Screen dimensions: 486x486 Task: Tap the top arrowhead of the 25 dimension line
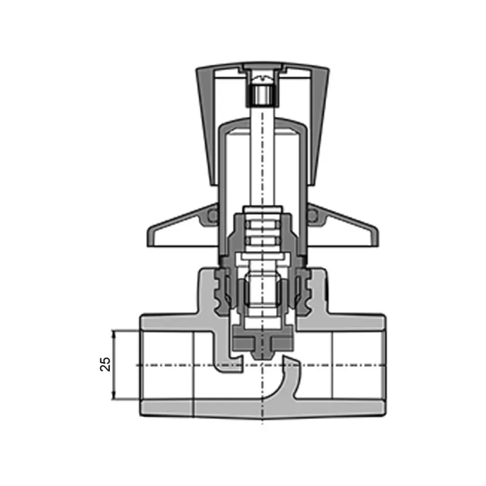tap(113, 333)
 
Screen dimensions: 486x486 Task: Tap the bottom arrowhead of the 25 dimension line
tap(113, 397)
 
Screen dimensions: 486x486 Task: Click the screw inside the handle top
tap(261, 95)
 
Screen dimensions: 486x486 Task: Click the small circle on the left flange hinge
tap(212, 215)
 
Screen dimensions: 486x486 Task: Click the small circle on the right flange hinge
tap(312, 215)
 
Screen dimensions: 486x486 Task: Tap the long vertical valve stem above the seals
tap(261, 162)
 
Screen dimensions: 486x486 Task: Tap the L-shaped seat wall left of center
tap(227, 363)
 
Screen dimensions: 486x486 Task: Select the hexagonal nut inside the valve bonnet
tap(261, 295)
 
